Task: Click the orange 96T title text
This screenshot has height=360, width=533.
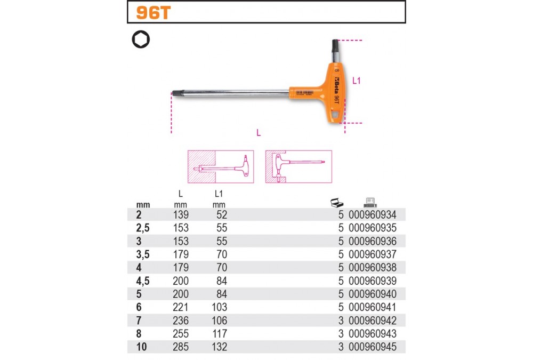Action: tap(153, 13)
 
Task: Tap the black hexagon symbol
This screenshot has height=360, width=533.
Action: tap(141, 39)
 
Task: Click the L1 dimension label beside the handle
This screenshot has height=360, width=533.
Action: tap(356, 81)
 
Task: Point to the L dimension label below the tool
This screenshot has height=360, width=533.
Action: tap(259, 132)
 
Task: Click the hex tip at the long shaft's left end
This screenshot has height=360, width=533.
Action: tap(176, 93)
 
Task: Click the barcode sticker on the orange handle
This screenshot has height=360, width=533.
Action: tap(304, 93)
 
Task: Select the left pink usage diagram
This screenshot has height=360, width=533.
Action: tap(221, 167)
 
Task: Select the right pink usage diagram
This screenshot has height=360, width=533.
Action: tap(298, 167)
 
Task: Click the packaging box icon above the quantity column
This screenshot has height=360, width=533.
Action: tap(336, 203)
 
